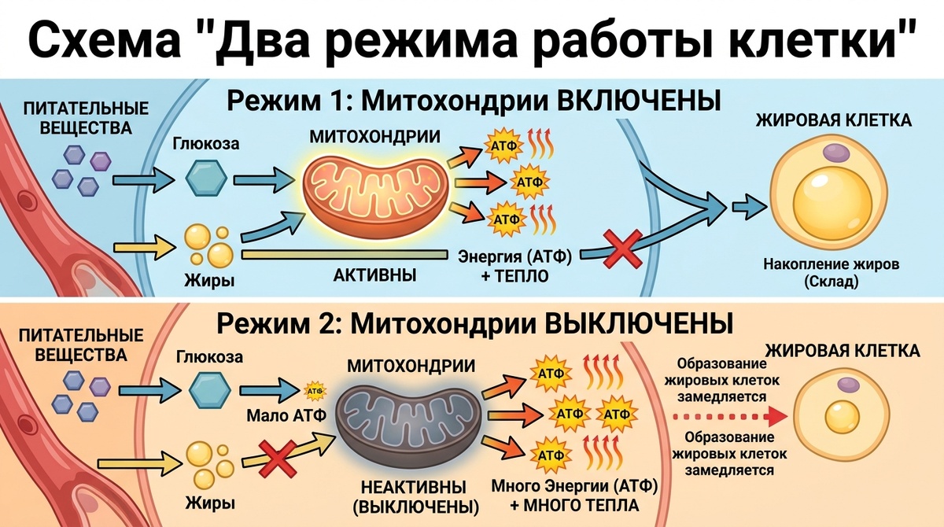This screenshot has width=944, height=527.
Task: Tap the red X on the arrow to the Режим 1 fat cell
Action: pos(623,249)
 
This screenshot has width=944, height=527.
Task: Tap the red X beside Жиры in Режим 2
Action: pos(278,459)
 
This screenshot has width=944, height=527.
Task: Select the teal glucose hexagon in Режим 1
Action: pos(206,179)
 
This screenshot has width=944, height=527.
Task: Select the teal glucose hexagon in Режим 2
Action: pos(210,390)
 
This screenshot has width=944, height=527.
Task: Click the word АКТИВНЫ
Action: pos(374,275)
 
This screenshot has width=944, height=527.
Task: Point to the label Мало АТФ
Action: pos(286,416)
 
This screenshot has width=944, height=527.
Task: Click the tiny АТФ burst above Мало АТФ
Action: pos(315,391)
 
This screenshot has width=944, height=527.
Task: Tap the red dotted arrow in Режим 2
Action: pos(730,417)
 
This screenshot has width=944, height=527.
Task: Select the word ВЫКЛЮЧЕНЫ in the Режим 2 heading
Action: pos(640,323)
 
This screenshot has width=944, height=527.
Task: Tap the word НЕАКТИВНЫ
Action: pos(414,488)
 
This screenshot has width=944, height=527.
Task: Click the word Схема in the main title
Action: pos(105,41)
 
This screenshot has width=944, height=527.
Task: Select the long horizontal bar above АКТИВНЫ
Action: pos(345,254)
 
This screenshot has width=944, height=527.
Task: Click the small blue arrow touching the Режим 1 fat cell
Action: pos(749,207)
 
